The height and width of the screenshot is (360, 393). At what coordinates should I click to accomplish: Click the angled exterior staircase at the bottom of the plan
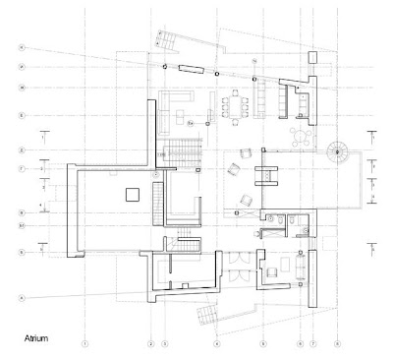point(209,316)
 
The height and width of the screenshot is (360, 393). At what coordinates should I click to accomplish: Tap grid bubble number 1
point(85,343)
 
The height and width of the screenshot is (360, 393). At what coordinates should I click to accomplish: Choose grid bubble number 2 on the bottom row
point(150,343)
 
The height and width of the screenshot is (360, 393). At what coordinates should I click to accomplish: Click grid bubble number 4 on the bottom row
point(215,343)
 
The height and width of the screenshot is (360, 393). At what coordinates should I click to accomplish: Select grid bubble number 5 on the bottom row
point(262,343)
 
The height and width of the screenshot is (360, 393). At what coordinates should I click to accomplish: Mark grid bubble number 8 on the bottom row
point(337,343)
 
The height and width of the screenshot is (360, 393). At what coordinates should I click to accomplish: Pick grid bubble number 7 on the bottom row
point(312,343)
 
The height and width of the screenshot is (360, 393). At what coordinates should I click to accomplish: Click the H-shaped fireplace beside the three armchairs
point(262,177)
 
